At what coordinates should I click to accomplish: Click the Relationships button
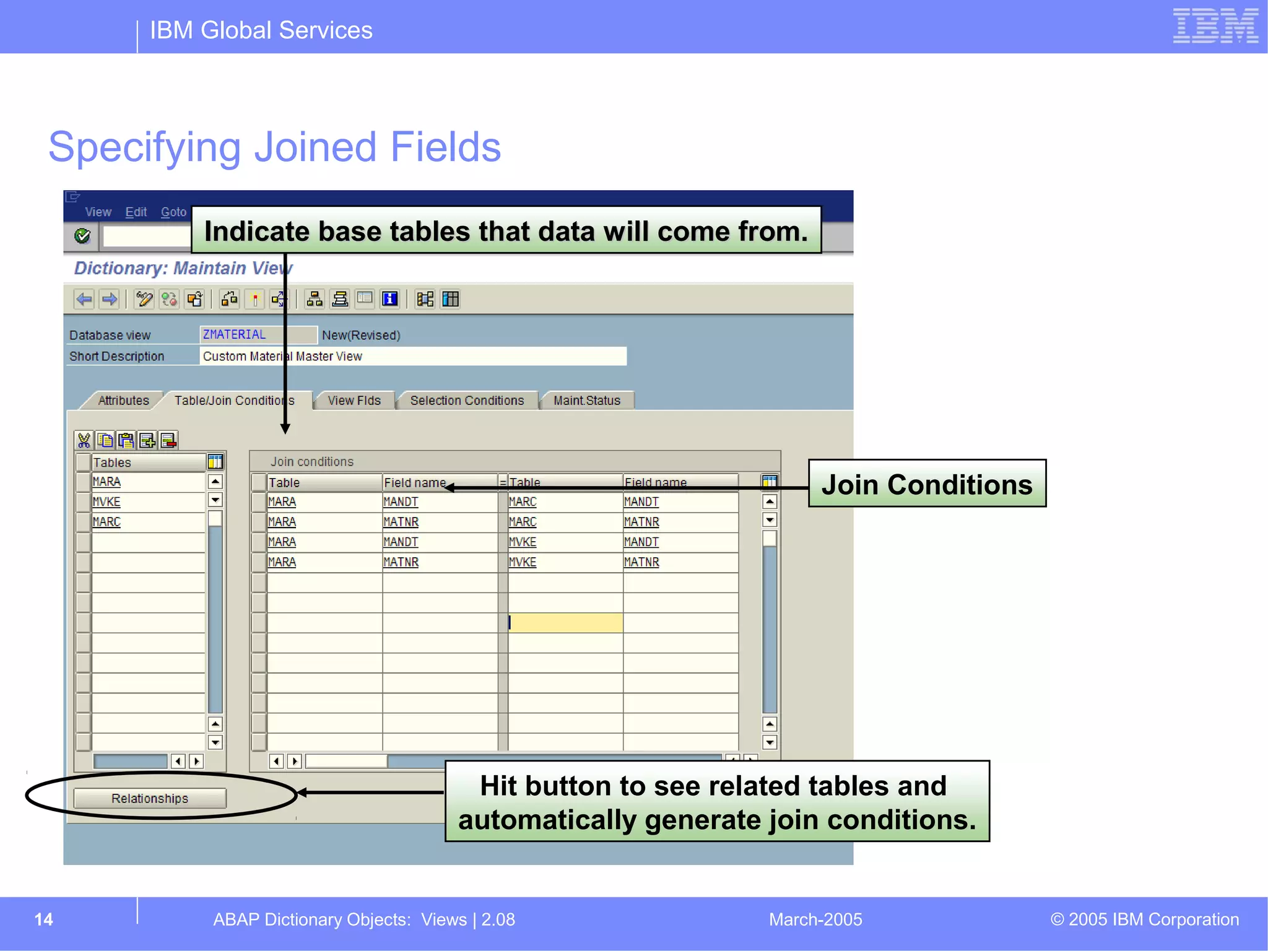[150, 798]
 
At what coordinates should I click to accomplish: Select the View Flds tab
[354, 401]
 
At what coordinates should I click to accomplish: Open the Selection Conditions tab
[467, 401]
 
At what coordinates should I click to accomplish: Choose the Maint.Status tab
[586, 401]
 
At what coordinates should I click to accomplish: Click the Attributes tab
[123, 401]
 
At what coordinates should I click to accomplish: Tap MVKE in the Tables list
[106, 502]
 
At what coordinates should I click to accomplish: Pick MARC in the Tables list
[106, 522]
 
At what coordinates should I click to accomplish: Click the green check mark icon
[82, 236]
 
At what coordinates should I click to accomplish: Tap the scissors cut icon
[84, 440]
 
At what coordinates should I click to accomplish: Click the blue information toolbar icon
[390, 300]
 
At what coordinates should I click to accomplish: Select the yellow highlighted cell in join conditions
[565, 623]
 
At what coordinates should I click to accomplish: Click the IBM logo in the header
[1215, 26]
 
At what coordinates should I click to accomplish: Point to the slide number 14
[43, 919]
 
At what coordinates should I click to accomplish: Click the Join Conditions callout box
[927, 484]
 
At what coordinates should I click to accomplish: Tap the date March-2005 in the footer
[815, 919]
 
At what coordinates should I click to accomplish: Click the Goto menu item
[173, 212]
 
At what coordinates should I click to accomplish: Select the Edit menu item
[136, 212]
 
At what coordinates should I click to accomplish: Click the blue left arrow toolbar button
[84, 300]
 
